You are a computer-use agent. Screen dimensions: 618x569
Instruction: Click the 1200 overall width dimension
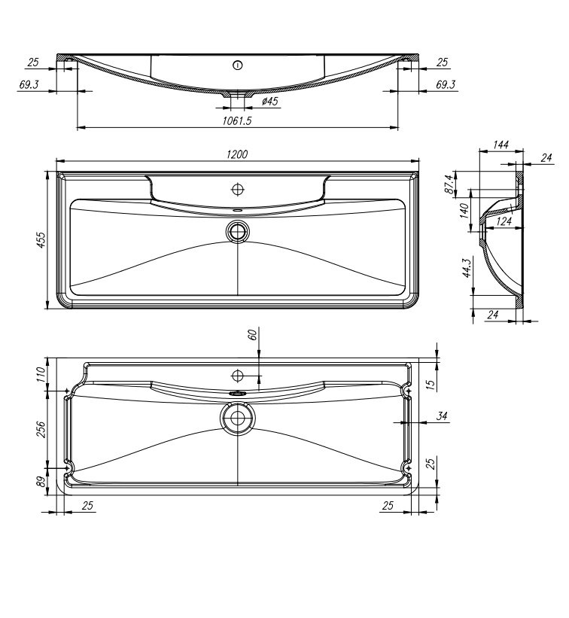237,154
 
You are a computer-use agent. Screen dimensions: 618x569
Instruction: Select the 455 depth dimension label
42,239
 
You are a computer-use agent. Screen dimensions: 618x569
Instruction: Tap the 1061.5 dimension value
237,120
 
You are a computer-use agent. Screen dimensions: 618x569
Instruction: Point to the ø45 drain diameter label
269,101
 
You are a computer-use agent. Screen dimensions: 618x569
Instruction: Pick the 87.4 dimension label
449,184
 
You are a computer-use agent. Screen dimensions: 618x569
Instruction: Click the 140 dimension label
466,210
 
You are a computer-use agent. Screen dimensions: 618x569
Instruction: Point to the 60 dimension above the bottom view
254,335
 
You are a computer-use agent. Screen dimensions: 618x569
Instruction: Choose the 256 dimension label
42,428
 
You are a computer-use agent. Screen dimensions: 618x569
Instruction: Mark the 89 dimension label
42,482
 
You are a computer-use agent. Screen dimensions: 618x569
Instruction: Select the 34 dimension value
442,416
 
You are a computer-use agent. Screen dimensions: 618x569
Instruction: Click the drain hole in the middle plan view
238,230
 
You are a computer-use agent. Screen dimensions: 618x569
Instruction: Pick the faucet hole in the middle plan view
238,187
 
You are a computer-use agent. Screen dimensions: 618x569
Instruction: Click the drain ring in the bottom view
238,418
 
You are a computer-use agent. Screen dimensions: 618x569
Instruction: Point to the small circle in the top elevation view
238,65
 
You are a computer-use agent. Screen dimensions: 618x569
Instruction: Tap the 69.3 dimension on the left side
29,84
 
